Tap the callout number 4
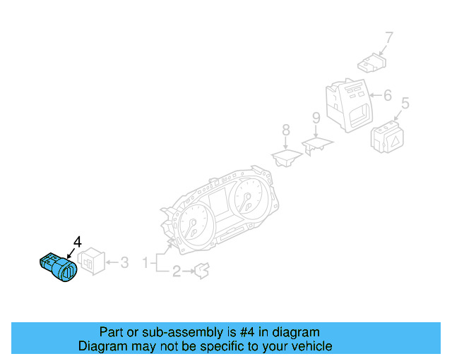pos(77,242)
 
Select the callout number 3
pos(124,263)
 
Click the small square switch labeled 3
pos(92,264)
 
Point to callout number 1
pos(145,263)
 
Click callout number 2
pos(176,270)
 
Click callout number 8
pos(285,130)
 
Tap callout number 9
pos(316,117)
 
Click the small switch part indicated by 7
pos(371,65)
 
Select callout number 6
pos(386,94)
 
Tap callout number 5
pos(405,104)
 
